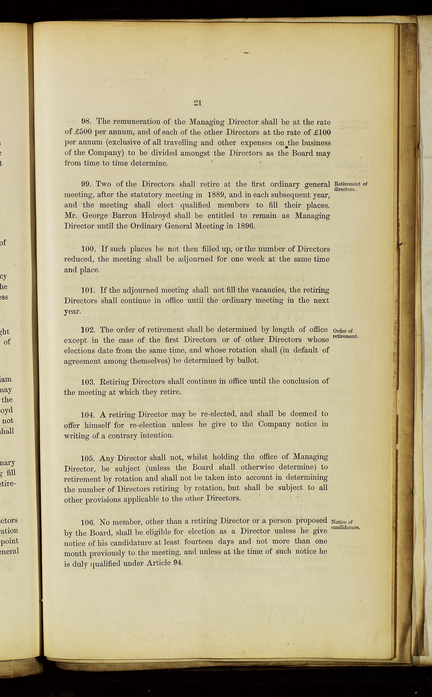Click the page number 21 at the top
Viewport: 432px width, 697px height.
197,103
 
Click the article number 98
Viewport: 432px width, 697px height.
86,121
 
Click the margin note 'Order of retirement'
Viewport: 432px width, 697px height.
345,333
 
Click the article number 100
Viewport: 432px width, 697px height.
88,249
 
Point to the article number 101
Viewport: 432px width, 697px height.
88,290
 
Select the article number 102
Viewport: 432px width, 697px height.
88,330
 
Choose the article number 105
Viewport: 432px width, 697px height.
88,458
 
